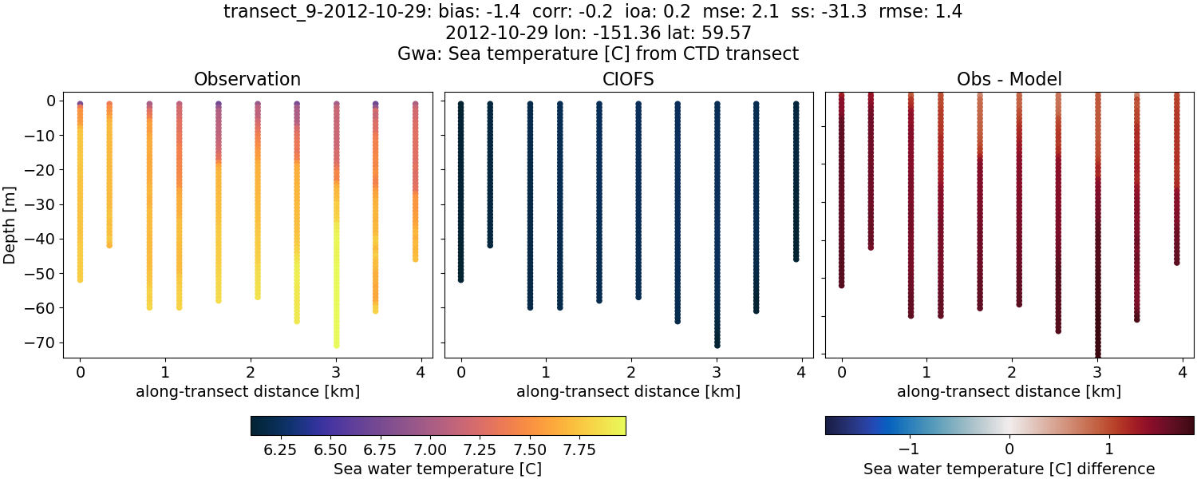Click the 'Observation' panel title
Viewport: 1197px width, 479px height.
[x=247, y=80]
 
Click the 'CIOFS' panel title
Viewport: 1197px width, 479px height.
[x=628, y=80]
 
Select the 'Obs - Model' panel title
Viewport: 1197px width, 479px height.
[x=1009, y=80]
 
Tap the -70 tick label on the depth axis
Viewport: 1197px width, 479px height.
[x=40, y=342]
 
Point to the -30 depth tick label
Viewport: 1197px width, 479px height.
[x=40, y=204]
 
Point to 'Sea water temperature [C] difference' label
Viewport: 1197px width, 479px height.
[x=1009, y=469]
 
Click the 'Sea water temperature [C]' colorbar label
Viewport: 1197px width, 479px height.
[x=437, y=469]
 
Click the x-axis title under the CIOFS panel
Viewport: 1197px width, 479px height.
[x=628, y=392]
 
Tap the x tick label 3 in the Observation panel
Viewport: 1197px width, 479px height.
[x=336, y=372]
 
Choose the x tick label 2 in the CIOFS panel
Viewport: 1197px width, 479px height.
[x=631, y=372]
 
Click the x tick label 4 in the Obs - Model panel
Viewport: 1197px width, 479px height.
[x=1183, y=372]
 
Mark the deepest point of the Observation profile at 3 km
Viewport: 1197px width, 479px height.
[x=336, y=345]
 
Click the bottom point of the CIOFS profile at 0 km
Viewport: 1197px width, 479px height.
[x=460, y=279]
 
